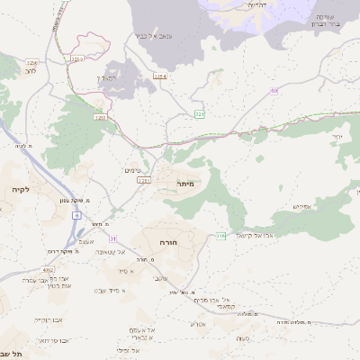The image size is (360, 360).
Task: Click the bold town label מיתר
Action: click(174, 184)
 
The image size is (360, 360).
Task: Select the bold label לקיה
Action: click(20, 190)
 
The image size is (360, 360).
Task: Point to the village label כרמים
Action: click(132, 170)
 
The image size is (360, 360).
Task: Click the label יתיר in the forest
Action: click(337, 137)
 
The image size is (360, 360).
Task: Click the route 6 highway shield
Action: click(77, 216)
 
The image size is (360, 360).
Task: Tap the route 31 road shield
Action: click(112, 238)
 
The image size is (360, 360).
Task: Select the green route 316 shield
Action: click(221, 236)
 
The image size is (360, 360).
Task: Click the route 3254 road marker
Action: click(160, 77)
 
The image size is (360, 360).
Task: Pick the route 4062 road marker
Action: click(49, 267)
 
